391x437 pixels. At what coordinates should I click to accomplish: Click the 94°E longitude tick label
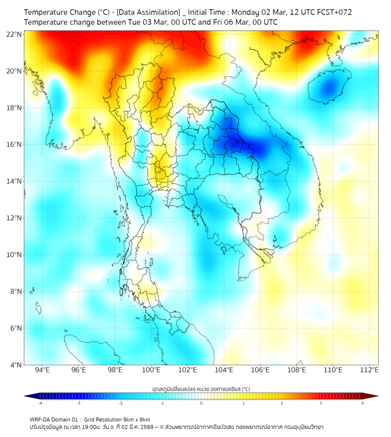point(42,370)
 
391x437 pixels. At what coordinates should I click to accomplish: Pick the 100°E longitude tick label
point(152,370)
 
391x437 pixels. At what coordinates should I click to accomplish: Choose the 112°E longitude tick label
point(370,370)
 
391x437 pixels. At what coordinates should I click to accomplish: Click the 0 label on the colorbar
point(201,403)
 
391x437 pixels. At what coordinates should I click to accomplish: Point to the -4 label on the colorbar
point(39,403)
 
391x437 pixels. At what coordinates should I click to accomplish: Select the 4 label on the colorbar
point(363,403)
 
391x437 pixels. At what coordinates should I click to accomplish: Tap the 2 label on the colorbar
point(282,403)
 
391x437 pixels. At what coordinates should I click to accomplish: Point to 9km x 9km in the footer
point(134,419)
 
